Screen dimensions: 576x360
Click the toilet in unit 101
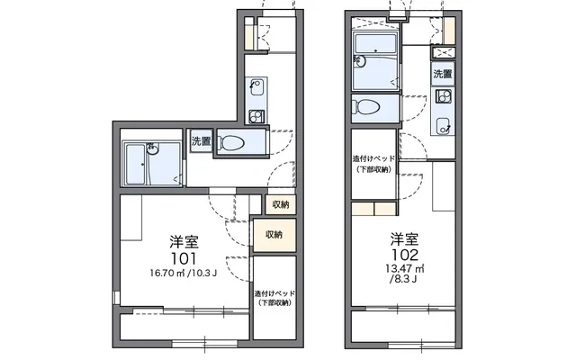pos(231,143)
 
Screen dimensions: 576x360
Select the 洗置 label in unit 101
pos(202,141)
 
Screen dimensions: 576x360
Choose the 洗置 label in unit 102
pos(443,74)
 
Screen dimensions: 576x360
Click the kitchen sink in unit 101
pos(256,87)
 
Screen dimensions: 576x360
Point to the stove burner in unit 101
pos(256,117)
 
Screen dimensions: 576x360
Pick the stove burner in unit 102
pos(443,96)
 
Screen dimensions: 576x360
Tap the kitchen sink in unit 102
pos(444,126)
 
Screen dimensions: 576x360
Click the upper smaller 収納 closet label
pos(281,205)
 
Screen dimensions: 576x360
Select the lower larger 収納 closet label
pos(274,235)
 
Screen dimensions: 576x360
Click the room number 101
pos(184,259)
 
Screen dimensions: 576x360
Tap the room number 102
pos(405,255)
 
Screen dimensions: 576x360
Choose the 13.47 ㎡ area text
pos(405,268)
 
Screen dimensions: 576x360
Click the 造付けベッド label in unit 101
pos(274,294)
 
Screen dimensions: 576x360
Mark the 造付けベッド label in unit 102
pos(374,159)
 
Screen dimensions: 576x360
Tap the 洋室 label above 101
pos(184,242)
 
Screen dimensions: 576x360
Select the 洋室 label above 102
pos(404,239)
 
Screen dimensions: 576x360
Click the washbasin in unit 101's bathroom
pos(152,148)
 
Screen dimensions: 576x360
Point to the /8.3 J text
pos(403,280)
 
